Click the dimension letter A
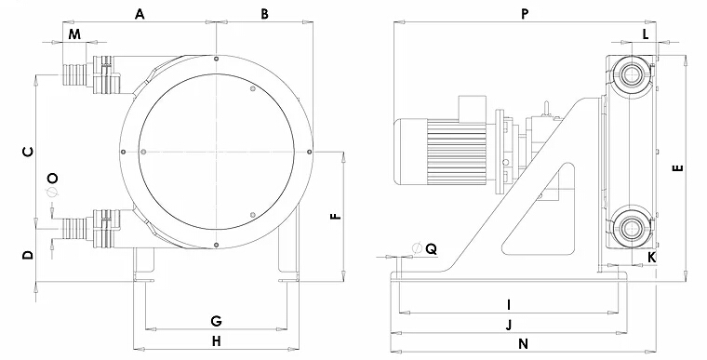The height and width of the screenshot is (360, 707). [140, 14]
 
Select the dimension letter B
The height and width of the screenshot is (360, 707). [265, 14]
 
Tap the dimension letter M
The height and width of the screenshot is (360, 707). [75, 33]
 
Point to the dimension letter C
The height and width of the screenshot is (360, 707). [28, 152]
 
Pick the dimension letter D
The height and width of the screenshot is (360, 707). [28, 255]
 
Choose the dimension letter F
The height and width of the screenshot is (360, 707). [337, 216]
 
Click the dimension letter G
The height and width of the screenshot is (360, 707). [217, 321]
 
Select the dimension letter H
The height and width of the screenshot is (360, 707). [217, 341]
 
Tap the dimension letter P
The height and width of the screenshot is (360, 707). [525, 14]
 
